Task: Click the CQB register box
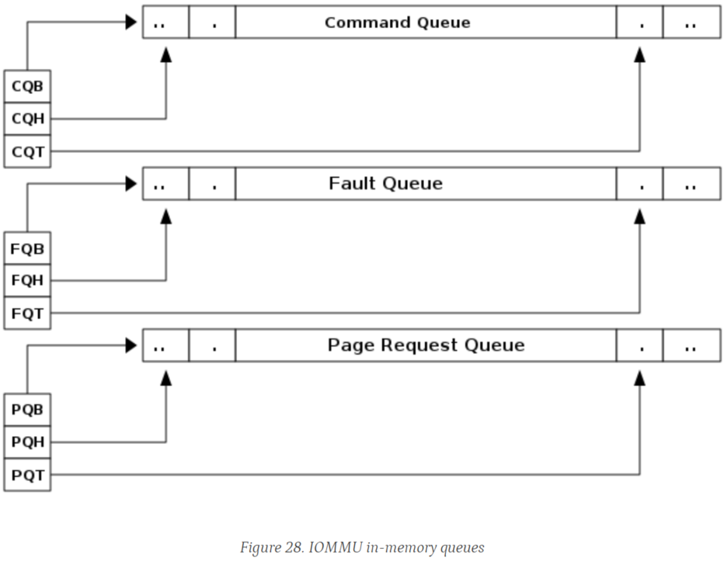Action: coord(27,86)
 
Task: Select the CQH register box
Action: coord(27,119)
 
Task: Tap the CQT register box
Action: coord(27,151)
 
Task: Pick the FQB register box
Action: coord(27,248)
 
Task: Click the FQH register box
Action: coord(27,280)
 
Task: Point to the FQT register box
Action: coord(27,313)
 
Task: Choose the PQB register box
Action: coord(27,409)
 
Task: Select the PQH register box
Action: coord(27,442)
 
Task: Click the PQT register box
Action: coord(27,474)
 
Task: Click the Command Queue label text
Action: coord(397,23)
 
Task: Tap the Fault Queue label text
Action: coord(385,184)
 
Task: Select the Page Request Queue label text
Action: coord(426,345)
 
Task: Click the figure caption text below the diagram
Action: coord(361,548)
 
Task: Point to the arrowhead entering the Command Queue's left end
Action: coord(131,23)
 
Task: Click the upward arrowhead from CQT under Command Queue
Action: coord(639,55)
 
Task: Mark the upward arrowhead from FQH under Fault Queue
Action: coord(165,216)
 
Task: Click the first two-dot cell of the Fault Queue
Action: coord(165,184)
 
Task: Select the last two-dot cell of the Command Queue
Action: coord(691,23)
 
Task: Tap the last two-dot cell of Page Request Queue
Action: coord(691,345)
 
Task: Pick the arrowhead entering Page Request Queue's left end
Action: coord(131,345)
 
